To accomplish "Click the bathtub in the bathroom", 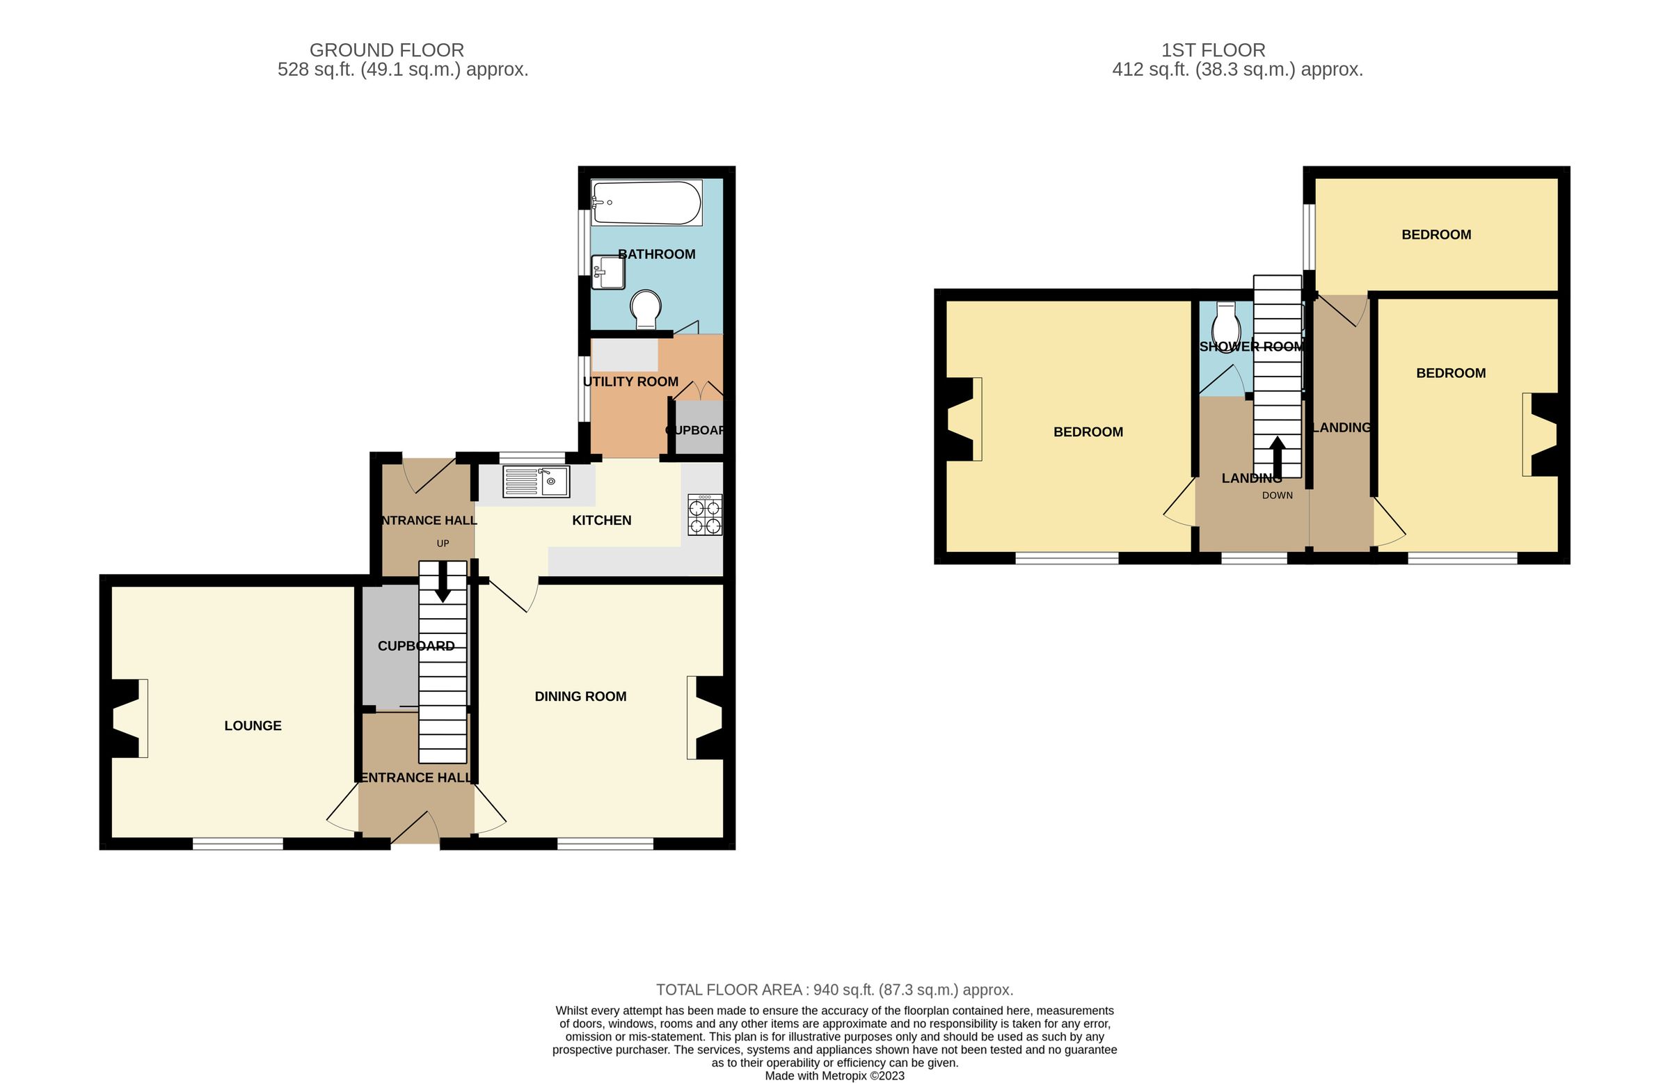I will click(646, 203).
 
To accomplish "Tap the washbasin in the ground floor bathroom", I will click(607, 272).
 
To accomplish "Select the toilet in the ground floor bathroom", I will click(646, 309).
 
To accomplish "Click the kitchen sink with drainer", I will click(536, 482).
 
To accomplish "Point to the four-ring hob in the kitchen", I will click(704, 515).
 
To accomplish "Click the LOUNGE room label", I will click(253, 726).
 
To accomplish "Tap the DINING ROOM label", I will click(580, 696).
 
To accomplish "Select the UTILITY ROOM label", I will click(630, 382).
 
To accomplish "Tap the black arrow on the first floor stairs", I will click(1277, 457).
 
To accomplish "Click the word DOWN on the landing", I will click(1277, 496).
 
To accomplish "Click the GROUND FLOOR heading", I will click(387, 51).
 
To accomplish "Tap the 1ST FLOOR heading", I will click(1214, 51).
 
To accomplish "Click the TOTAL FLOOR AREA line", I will click(834, 990).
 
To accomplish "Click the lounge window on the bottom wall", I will click(238, 844).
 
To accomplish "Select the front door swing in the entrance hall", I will click(415, 828).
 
